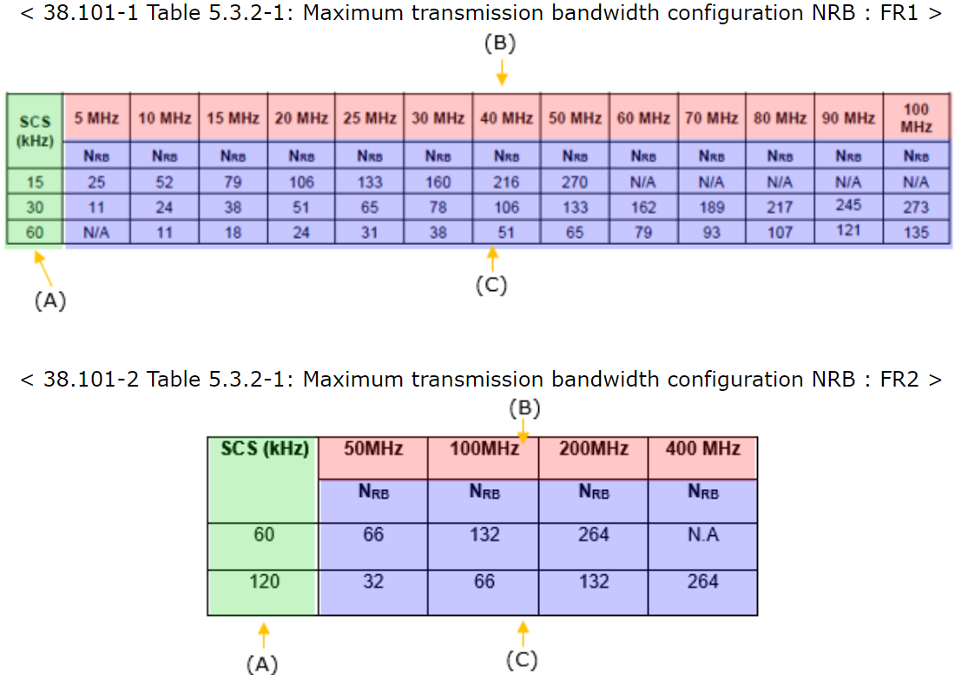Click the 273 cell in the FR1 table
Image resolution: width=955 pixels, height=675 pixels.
(915, 208)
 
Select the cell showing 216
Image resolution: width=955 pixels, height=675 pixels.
(506, 182)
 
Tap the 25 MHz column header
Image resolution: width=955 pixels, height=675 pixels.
(370, 118)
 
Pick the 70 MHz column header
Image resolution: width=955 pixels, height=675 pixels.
(711, 118)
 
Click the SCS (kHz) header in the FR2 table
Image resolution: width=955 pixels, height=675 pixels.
(262, 449)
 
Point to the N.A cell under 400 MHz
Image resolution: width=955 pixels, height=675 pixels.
(702, 535)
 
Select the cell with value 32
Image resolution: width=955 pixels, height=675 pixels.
(373, 581)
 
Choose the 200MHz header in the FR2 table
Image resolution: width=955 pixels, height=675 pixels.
(594, 449)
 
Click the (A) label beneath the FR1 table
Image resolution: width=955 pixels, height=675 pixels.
(50, 301)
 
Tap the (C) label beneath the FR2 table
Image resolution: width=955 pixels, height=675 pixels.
(522, 660)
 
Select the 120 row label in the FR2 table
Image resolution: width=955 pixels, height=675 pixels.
(262, 581)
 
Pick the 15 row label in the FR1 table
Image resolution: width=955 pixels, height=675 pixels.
(34, 182)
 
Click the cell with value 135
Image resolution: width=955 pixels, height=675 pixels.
(915, 233)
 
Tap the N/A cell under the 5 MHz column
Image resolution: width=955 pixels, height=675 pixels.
(96, 233)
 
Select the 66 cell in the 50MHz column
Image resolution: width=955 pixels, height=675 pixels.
(373, 535)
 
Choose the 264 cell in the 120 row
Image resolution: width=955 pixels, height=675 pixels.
(702, 581)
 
